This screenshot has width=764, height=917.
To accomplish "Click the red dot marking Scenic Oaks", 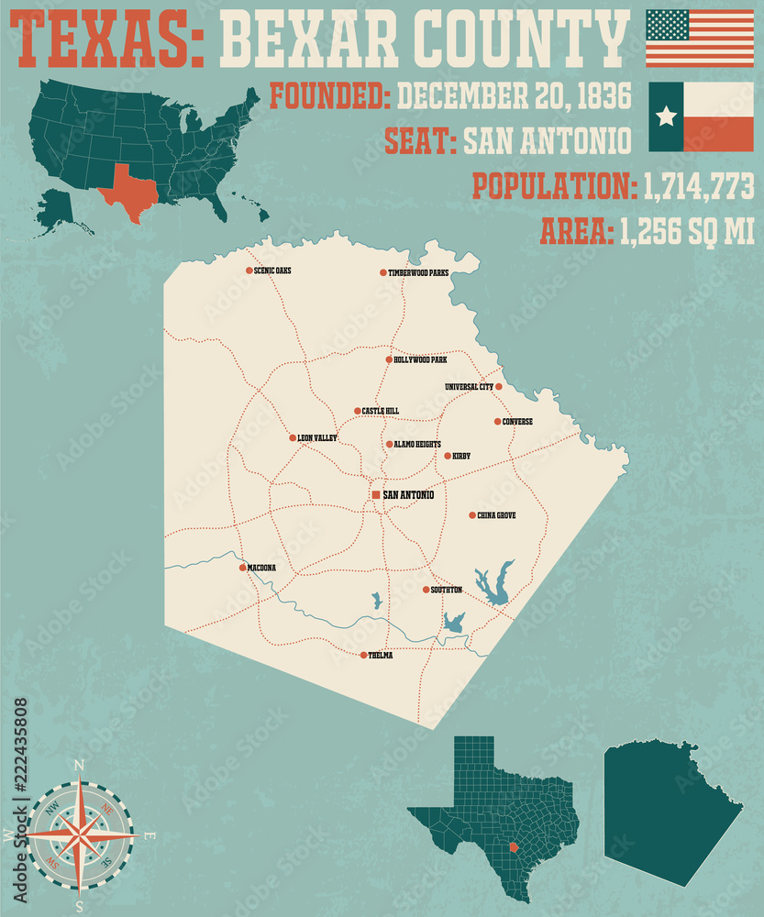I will pyautogui.click(x=249, y=271).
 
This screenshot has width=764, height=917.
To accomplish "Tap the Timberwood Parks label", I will pyautogui.click(x=418, y=273).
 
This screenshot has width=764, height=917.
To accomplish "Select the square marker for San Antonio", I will pyautogui.click(x=376, y=495).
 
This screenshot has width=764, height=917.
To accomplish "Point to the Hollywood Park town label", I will pyautogui.click(x=421, y=360).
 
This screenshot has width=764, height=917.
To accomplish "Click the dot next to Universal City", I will pyautogui.click(x=499, y=387).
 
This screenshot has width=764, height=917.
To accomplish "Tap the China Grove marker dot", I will pyautogui.click(x=472, y=515).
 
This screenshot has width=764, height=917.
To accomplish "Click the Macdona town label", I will pyautogui.click(x=261, y=569).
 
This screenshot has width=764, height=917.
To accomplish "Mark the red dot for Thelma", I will pyautogui.click(x=363, y=655).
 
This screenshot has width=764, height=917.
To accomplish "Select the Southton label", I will pyautogui.click(x=447, y=590).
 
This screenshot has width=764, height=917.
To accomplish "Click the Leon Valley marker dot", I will pyautogui.click(x=293, y=438).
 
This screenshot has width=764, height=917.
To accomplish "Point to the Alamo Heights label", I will pyautogui.click(x=418, y=445).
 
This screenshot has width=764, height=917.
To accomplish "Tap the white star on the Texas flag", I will pyautogui.click(x=667, y=116).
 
